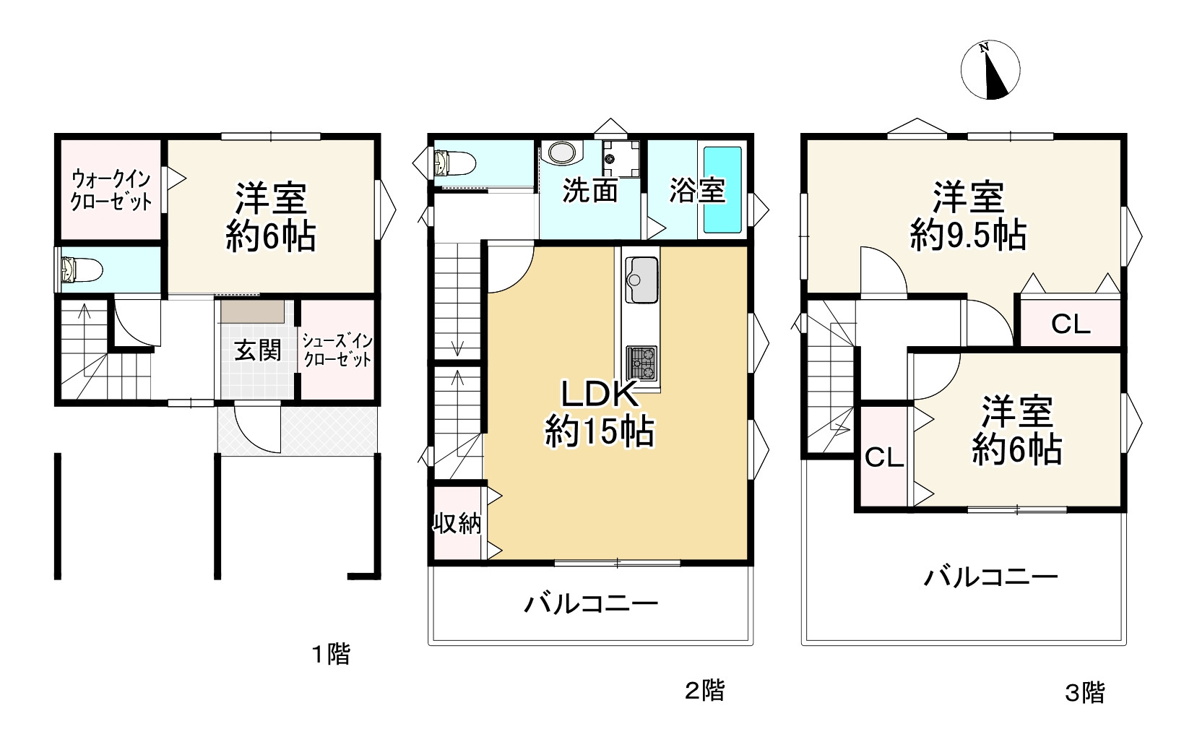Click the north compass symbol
coord(990,70)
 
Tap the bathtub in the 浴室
coord(723,189)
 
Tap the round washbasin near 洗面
coord(563,152)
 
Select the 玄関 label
coord(258,351)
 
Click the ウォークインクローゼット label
coord(111,190)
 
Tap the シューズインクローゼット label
coord(337,350)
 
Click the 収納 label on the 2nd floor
coord(457,523)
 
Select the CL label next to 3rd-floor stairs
coord(884,457)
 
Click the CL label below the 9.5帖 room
coord(1070,324)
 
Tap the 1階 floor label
coord(331,655)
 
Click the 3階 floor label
coord(1084,693)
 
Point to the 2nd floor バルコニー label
coord(590,603)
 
